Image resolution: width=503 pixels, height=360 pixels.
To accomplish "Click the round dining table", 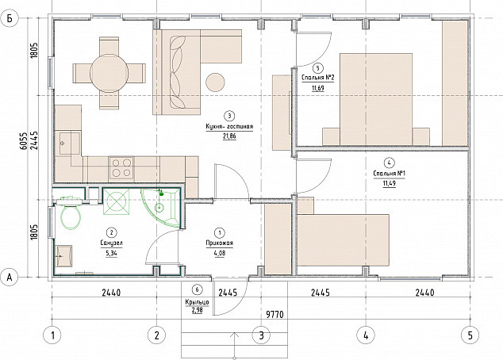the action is click(109, 74).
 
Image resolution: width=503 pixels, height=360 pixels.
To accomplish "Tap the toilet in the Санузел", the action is click(71, 216).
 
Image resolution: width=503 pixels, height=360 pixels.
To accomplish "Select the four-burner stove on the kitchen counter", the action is click(122, 168).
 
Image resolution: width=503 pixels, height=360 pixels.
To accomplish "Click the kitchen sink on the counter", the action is click(67, 144).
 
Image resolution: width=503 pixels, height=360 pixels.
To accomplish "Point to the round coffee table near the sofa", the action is click(215, 82).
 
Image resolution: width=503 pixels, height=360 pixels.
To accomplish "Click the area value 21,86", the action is click(229, 136).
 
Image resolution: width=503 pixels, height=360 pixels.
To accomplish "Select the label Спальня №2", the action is click(318, 78).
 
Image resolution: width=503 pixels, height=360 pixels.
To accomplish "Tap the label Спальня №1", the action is click(390, 174).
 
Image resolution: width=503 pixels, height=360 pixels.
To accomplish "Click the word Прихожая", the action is click(220, 243).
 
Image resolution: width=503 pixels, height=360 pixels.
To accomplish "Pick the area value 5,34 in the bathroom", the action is click(111, 253).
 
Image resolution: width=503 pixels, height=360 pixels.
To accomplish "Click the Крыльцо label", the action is click(197, 302).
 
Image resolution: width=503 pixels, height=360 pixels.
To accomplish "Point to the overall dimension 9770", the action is click(275, 315).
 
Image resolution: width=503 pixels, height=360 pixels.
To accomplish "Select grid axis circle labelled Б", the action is click(10, 19).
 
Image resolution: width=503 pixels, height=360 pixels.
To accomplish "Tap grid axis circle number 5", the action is click(470, 335).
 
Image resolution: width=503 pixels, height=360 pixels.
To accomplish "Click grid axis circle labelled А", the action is click(10, 277).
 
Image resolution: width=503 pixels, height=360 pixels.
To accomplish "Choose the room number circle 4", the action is click(389, 163).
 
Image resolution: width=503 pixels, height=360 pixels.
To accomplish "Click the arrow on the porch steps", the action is click(235, 346).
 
